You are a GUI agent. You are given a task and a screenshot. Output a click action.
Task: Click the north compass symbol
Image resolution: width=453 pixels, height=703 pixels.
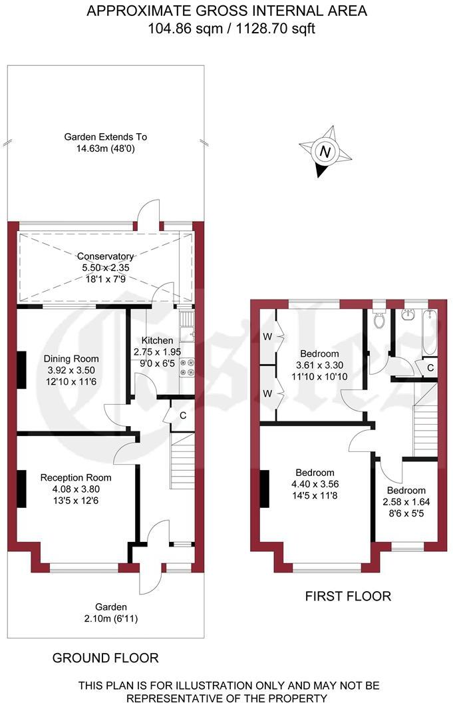[x=325, y=152]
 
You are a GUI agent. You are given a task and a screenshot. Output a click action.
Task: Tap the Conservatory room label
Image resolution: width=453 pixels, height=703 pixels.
[x=105, y=256]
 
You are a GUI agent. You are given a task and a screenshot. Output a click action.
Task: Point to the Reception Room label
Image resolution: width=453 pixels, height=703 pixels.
[x=76, y=477]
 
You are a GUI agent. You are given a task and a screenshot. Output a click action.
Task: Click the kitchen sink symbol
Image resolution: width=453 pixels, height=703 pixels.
[x=188, y=326]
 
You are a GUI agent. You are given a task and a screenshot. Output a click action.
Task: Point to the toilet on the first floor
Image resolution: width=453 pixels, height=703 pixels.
[x=380, y=320]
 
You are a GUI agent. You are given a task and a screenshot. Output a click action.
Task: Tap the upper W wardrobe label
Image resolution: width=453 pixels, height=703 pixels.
[x=267, y=337]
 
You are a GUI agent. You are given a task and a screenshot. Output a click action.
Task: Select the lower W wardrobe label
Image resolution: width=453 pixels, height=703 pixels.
[x=267, y=393]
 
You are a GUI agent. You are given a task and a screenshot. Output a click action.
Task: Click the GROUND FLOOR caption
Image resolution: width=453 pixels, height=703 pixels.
[x=106, y=658]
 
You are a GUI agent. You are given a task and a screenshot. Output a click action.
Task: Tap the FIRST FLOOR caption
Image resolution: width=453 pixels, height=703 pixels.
[x=348, y=596]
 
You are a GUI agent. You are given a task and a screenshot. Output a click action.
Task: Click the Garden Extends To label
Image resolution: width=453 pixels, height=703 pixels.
[x=105, y=137]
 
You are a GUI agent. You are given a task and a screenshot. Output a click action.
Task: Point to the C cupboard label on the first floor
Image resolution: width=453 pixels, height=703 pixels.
[x=430, y=367]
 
